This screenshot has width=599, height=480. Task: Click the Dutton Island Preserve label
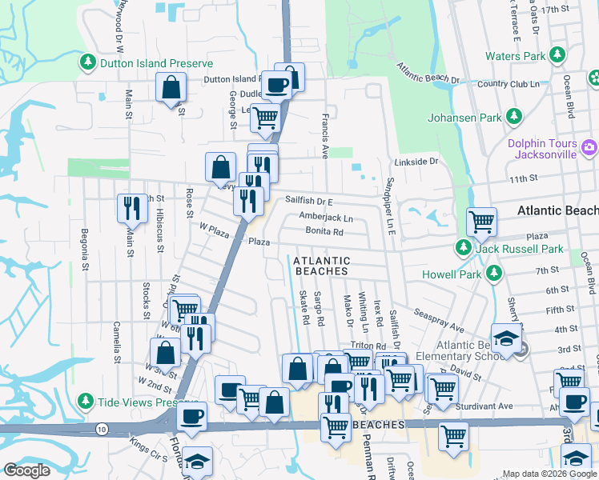point(156,63)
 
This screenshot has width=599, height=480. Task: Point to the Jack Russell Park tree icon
point(463,249)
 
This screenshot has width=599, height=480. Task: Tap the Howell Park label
point(452,274)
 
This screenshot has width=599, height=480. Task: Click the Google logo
point(27,470)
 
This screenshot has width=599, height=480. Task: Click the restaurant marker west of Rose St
point(131,208)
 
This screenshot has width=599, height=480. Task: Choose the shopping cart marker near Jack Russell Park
point(481,222)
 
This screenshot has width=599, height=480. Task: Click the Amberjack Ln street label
point(326,218)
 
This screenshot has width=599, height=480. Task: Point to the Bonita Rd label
point(324,233)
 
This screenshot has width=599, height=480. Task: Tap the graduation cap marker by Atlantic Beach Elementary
point(505,340)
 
